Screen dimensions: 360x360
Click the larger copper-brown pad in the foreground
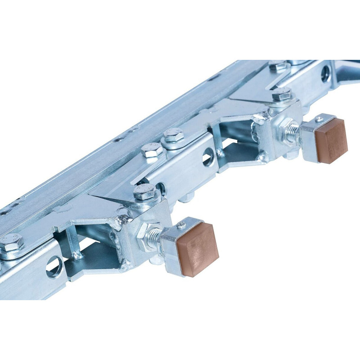[197, 248]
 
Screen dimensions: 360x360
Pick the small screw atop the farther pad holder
[319, 119]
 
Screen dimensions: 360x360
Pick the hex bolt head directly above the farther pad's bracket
[282, 94]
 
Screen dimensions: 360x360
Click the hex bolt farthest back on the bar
[278, 67]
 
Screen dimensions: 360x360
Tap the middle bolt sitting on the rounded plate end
[173, 135]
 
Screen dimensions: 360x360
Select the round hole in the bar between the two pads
[208, 158]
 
